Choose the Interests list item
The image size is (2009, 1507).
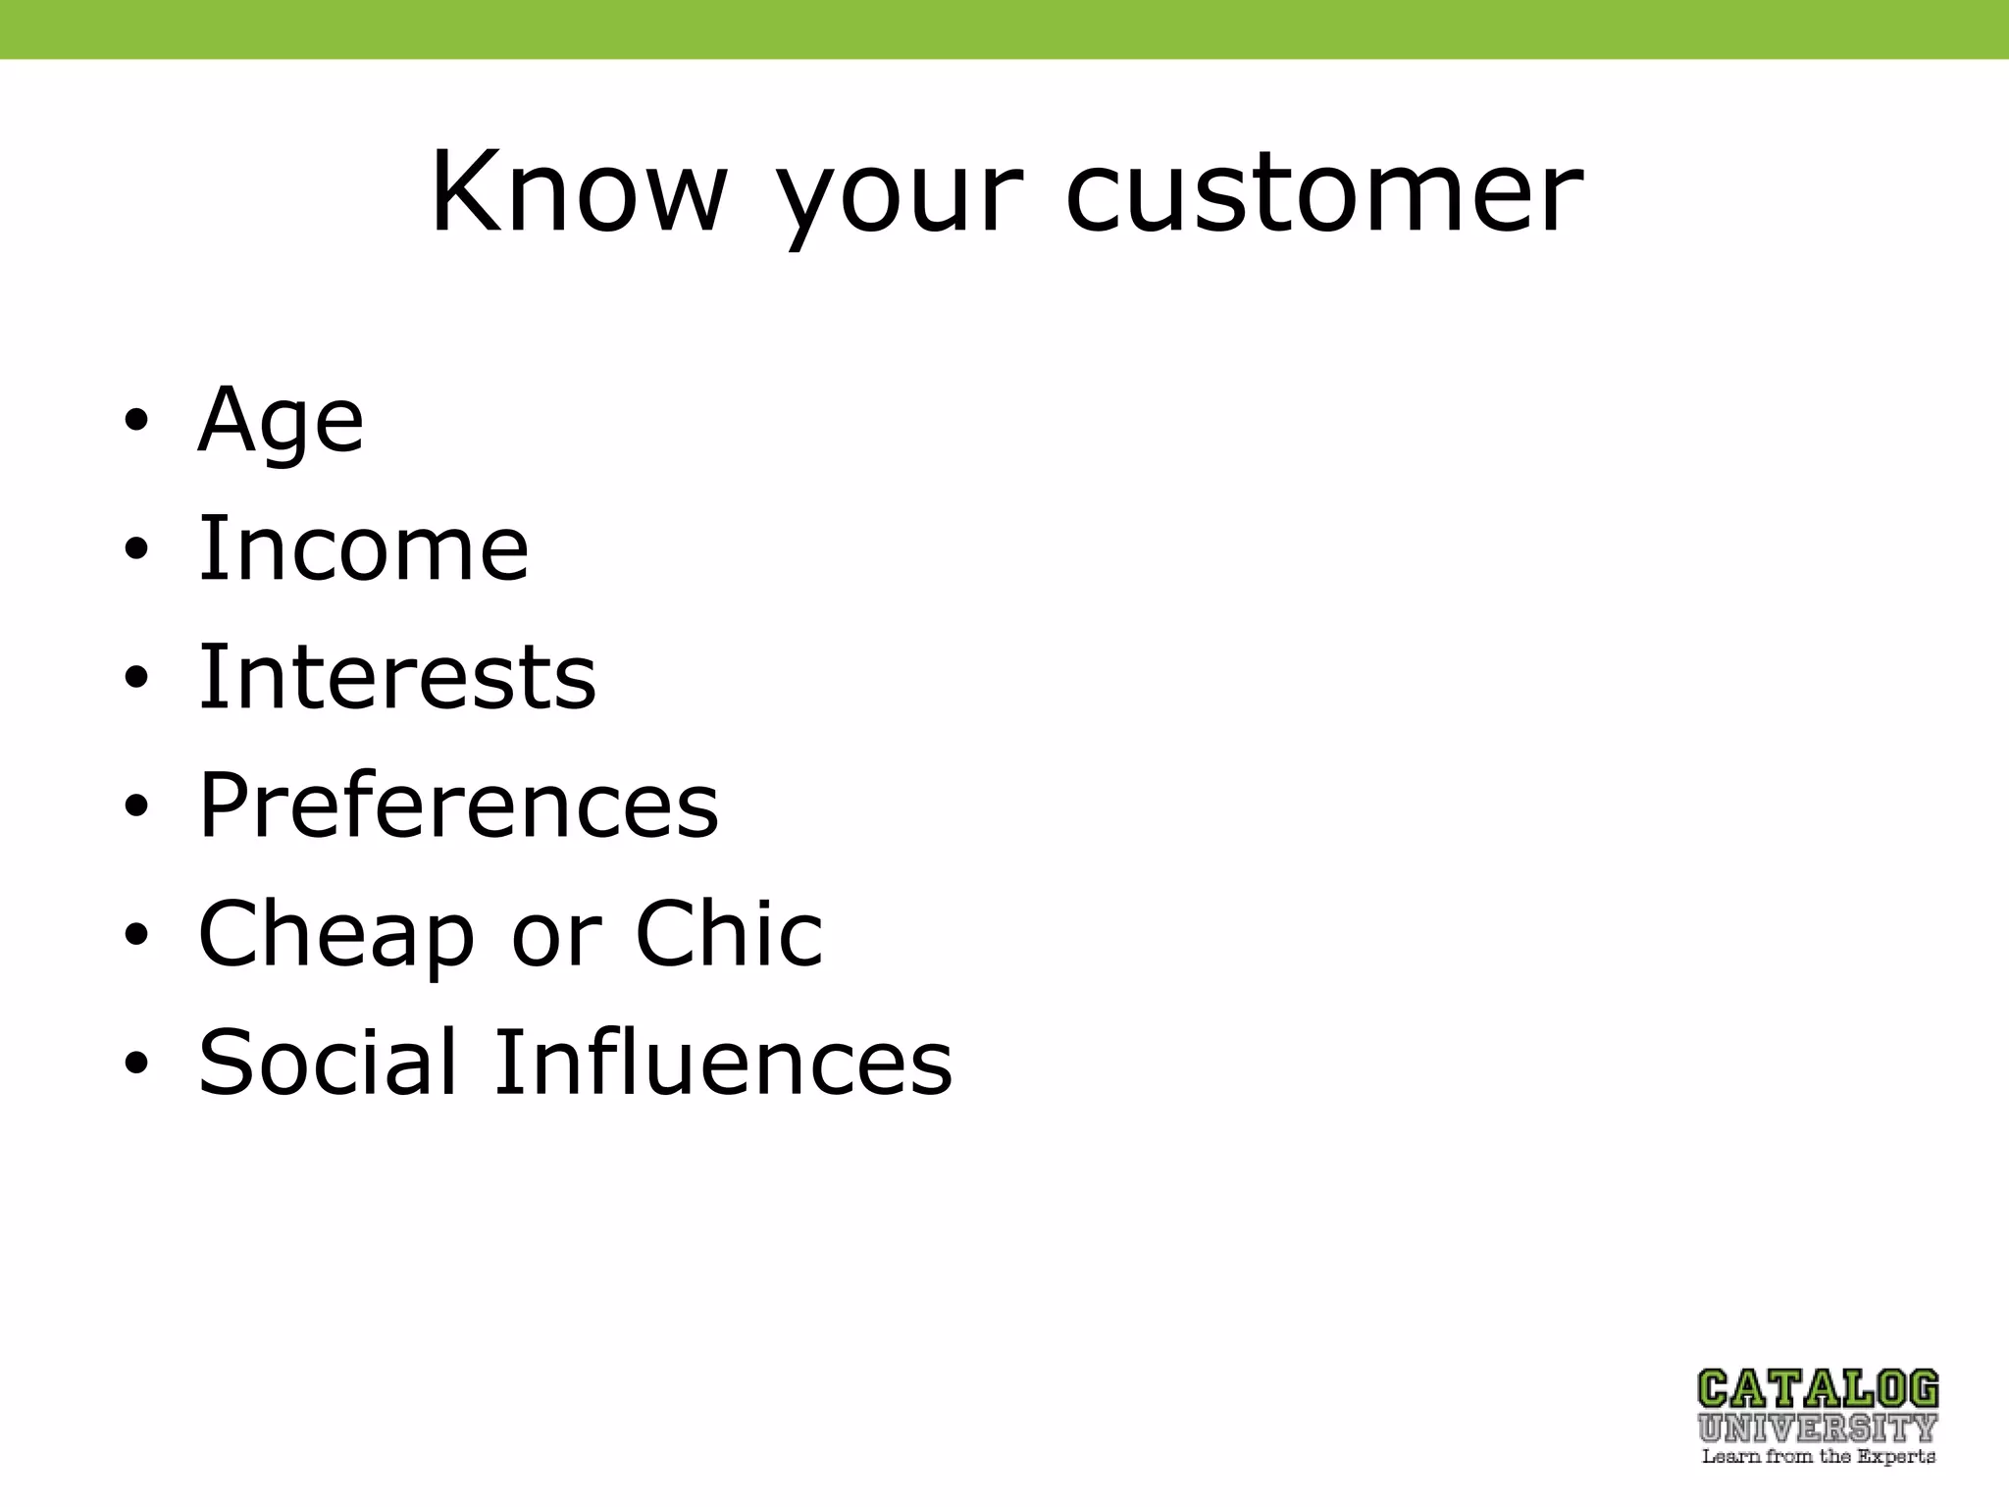pyautogui.click(x=397, y=676)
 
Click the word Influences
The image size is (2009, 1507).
pyautogui.click(x=722, y=1062)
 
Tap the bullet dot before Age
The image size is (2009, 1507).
pyautogui.click(x=136, y=422)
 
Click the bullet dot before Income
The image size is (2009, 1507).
pyautogui.click(x=136, y=550)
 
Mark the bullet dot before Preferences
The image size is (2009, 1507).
pyautogui.click(x=136, y=807)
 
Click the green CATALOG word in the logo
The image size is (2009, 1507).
pyautogui.click(x=1818, y=1389)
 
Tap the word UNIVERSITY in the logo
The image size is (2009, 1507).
pyautogui.click(x=1818, y=1428)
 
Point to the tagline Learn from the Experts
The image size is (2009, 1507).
pyautogui.click(x=1818, y=1457)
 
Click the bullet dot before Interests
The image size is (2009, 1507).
pyautogui.click(x=136, y=679)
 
